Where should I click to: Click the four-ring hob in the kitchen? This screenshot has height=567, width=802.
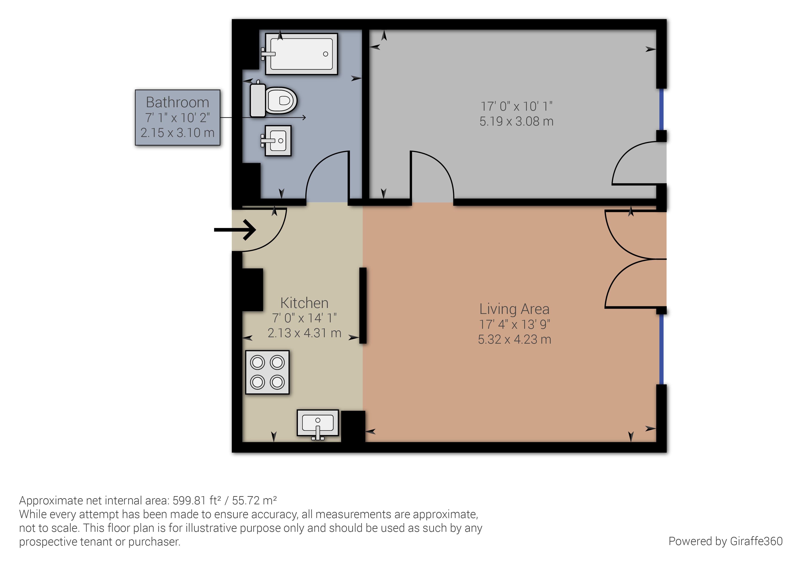coord(267,372)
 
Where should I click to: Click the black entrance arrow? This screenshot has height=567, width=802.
coord(235,230)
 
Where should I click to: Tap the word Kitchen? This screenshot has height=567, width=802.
coord(304,303)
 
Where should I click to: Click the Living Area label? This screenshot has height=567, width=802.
coord(514,309)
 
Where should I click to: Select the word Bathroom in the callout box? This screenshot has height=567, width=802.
coord(177,102)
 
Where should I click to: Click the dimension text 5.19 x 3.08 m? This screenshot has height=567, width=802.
coord(516,121)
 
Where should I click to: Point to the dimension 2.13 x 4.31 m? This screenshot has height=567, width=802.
coord(304,333)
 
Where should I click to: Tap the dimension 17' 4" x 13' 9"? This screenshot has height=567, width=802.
coord(514,325)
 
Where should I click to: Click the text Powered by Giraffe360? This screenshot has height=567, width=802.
coord(725,541)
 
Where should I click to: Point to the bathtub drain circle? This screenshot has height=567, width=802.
coord(326,54)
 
